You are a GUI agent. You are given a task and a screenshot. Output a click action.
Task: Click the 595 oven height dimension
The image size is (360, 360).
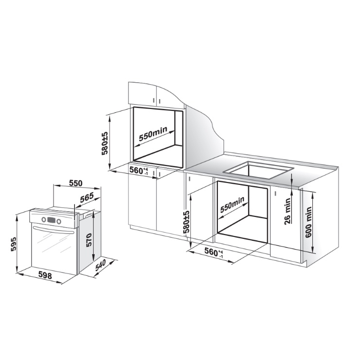pos(14,244)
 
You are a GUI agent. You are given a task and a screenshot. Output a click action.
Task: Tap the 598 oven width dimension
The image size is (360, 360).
pos(45,275)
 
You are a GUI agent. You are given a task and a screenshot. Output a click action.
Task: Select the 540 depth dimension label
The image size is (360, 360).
pos(100,266)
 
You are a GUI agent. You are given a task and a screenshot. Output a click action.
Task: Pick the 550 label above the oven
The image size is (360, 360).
pos(75,183)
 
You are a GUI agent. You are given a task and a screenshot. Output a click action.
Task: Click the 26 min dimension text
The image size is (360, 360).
pos(288,211)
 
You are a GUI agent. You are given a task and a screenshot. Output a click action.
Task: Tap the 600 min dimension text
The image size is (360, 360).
pos(308,222)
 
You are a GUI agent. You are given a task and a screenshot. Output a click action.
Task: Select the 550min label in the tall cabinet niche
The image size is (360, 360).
pos(153,134)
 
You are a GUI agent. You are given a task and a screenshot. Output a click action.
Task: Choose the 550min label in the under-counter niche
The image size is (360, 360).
pos(232,204)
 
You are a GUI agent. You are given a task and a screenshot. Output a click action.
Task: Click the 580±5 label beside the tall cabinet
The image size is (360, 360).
pos(105,143)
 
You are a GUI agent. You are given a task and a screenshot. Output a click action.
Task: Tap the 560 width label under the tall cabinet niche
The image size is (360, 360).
pos(139,170)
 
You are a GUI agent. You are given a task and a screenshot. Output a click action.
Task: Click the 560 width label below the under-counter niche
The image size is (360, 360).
pos(214,252)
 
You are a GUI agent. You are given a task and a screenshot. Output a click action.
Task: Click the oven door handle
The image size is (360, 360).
pos(53,230)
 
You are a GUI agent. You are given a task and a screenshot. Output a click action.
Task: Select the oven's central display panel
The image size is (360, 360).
pos(51,220)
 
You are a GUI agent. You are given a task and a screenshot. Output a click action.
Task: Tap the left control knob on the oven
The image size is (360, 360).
pos(44,219)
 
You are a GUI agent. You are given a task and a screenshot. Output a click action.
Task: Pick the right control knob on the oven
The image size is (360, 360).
pos(59,221)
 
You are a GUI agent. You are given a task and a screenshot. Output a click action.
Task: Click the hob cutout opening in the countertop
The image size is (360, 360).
pos(259,170)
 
